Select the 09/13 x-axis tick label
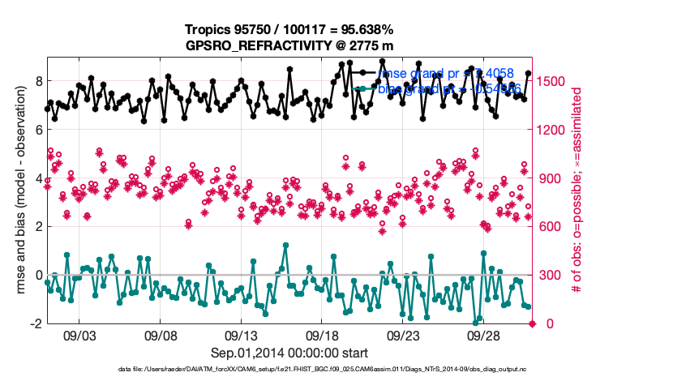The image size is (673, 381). click(x=242, y=335)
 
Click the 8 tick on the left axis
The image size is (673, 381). click(x=36, y=81)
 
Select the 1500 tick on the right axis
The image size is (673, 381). click(x=556, y=81)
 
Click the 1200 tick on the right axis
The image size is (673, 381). click(x=556, y=130)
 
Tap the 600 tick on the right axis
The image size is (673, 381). click(x=553, y=227)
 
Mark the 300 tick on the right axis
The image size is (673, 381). click(x=553, y=276)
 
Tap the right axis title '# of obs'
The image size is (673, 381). click(x=577, y=190)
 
